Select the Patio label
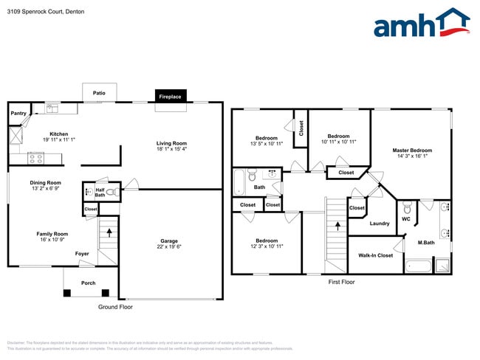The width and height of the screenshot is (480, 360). (x=99, y=93)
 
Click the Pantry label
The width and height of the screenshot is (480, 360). (x=18, y=114)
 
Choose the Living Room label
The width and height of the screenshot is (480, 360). (x=171, y=143)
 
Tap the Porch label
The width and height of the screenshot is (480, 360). (x=89, y=283)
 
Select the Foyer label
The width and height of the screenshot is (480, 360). (x=82, y=254)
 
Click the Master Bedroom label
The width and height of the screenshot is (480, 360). (x=412, y=150)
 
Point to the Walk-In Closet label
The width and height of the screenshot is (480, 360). (x=375, y=255)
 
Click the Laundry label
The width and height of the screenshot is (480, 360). (x=380, y=224)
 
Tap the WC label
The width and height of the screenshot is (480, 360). (x=405, y=219)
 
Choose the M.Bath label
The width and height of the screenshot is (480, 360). (x=425, y=243)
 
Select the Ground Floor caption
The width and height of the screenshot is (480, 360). (x=115, y=307)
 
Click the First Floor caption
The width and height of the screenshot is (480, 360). (x=341, y=282)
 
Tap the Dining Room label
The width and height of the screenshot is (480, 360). (x=46, y=182)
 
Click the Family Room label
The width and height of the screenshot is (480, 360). (x=52, y=234)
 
